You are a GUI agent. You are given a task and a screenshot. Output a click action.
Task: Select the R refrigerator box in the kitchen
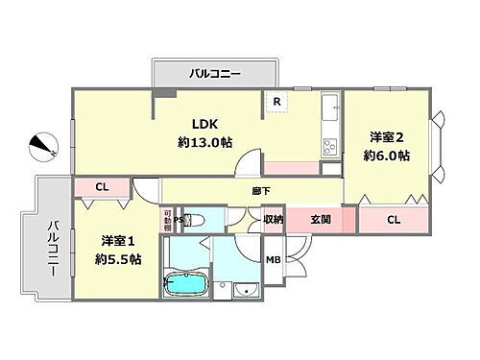276,102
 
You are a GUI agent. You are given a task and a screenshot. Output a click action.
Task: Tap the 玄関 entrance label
321,220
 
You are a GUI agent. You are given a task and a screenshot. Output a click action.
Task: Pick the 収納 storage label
274,220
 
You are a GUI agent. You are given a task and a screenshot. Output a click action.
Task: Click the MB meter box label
273,258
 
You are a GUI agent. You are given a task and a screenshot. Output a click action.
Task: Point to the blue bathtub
188,283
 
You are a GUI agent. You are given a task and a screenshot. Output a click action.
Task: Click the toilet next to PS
196,220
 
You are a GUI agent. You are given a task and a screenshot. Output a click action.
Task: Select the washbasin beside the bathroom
246,291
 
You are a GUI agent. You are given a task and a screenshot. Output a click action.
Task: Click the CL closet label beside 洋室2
394,220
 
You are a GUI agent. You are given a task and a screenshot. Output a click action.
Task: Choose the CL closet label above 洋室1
102,187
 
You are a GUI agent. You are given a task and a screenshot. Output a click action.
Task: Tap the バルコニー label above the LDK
214,73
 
